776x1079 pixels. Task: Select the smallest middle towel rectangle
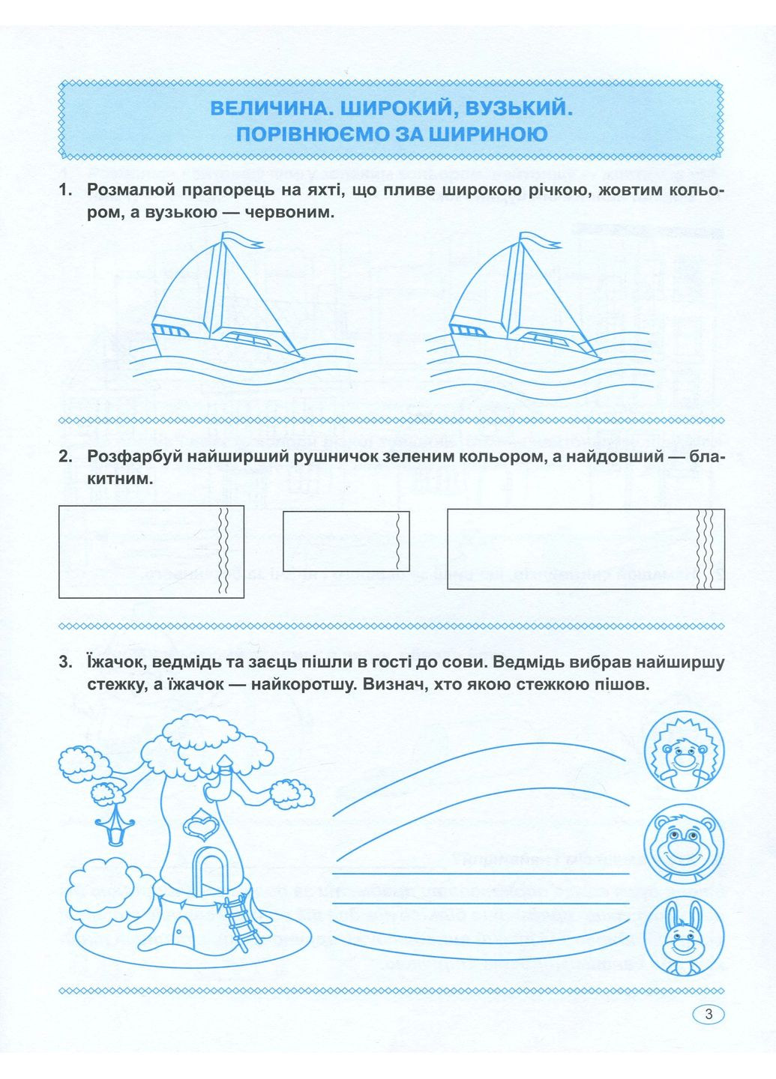point(346,541)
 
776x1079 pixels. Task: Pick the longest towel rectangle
point(586,548)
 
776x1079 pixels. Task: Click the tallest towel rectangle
point(151,551)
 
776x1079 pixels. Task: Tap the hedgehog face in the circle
point(684,752)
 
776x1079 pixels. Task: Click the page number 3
point(709,1015)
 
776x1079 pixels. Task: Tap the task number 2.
point(65,456)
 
